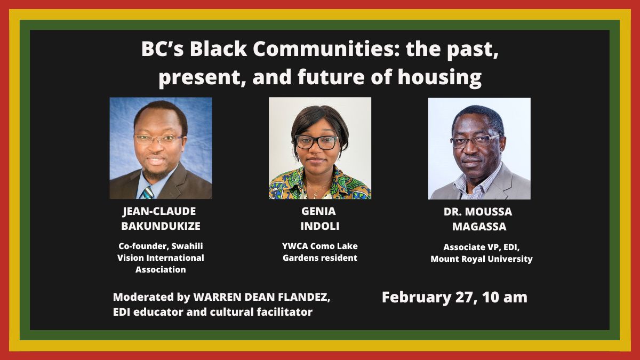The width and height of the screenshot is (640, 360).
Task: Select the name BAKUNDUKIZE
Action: [161, 226]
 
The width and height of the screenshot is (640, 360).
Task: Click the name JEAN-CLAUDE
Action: [161, 211]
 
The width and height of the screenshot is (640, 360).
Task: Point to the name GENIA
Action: [319, 211]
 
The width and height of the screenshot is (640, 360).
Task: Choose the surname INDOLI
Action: [319, 226]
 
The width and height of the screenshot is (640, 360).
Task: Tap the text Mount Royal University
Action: [482, 259]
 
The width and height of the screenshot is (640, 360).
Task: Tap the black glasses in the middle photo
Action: [316, 142]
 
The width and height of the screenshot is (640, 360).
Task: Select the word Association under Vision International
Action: [161, 270]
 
